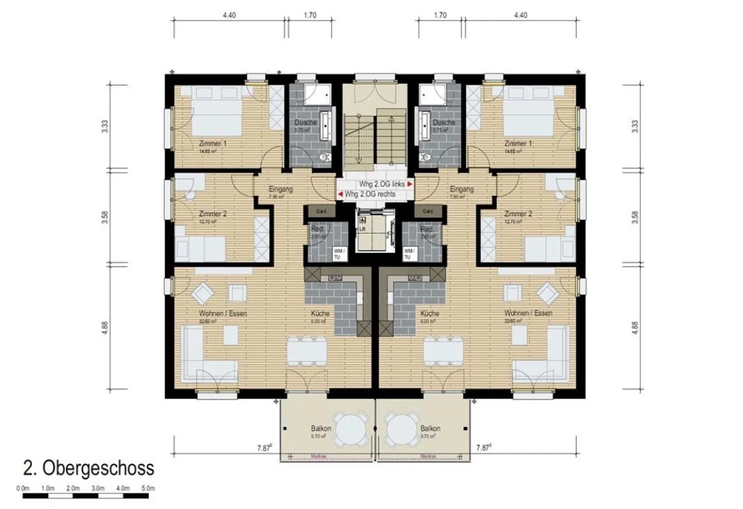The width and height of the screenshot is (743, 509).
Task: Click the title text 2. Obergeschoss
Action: click(x=88, y=468)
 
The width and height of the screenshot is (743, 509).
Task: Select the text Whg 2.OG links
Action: click(x=382, y=184)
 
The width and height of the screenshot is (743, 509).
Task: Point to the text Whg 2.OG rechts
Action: click(x=370, y=194)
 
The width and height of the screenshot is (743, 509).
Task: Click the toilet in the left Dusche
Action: click(x=325, y=157)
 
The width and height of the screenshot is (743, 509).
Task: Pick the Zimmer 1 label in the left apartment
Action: click(x=212, y=144)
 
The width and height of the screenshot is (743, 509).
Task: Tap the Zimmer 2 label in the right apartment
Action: click(x=518, y=214)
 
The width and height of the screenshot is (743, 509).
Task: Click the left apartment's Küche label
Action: click(x=320, y=313)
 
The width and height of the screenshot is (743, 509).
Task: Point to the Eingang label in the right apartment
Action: click(x=461, y=189)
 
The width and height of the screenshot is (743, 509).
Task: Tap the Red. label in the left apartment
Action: click(x=318, y=229)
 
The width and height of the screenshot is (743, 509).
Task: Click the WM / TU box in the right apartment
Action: click(x=408, y=253)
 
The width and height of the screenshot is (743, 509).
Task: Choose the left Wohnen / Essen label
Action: click(x=223, y=313)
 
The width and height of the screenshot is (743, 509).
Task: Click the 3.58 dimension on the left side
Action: click(x=105, y=218)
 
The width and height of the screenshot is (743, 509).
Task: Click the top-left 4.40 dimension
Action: click(x=229, y=15)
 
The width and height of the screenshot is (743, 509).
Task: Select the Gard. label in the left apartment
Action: click(x=321, y=211)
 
